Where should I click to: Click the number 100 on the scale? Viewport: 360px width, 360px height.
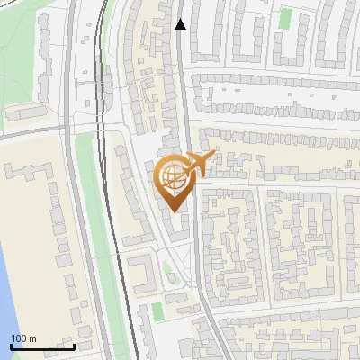coord(20,338)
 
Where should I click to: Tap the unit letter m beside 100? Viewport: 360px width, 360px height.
coord(32,338)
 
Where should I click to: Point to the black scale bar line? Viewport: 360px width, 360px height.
coord(42,346)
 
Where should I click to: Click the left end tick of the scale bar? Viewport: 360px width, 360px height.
coord(11,345)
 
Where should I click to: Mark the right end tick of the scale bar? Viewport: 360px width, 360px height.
coord(74,345)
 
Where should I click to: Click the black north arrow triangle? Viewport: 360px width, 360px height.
coord(180,24)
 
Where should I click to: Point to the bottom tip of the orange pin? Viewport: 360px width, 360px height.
coord(174,211)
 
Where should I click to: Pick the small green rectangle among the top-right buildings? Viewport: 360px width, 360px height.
coord(285,18)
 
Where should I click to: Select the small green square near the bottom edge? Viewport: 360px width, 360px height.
coord(157,311)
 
